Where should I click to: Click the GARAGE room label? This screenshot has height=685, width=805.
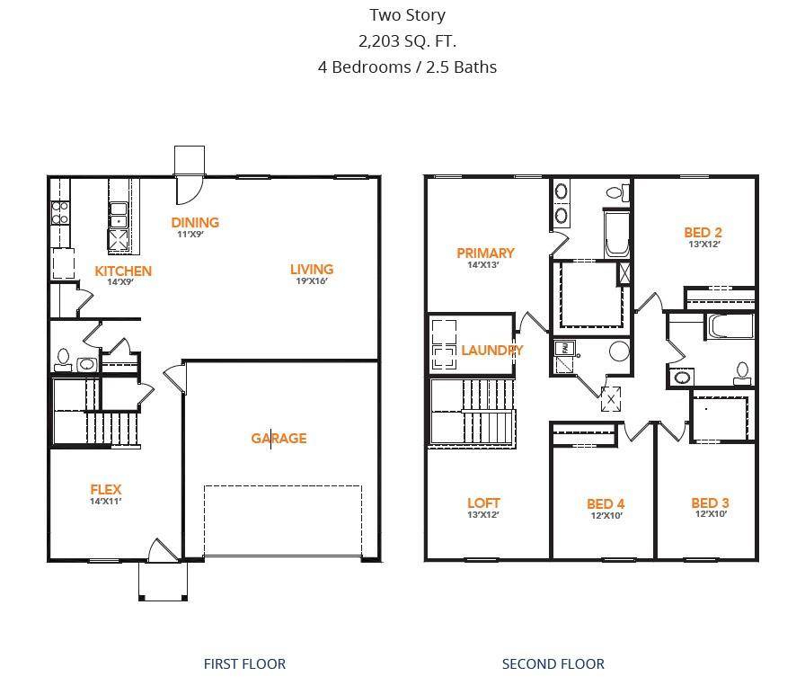coord(279,439)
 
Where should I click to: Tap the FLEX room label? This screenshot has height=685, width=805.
coord(105,490)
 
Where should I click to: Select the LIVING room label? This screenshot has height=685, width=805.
coord(312,269)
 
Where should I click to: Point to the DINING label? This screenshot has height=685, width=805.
coord(195,222)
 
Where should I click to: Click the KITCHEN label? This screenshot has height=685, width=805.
coord(123,271)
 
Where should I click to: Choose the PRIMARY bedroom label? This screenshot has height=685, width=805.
coord(485,253)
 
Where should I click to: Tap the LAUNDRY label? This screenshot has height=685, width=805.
coord(491,350)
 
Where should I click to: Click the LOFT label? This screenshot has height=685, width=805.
coord(483,503)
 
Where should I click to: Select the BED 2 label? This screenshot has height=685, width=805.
coord(703,232)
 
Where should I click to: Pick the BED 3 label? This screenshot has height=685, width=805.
coord(710,503)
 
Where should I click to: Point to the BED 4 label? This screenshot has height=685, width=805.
coord(606,503)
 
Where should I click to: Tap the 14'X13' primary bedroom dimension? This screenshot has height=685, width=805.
coord(482,265)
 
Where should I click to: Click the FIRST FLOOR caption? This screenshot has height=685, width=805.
coord(244,664)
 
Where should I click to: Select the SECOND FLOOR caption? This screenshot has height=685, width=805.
coord(553,664)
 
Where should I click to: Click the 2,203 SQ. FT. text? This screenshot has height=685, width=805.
coord(407,40)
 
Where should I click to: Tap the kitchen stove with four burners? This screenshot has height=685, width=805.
coord(60,212)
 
